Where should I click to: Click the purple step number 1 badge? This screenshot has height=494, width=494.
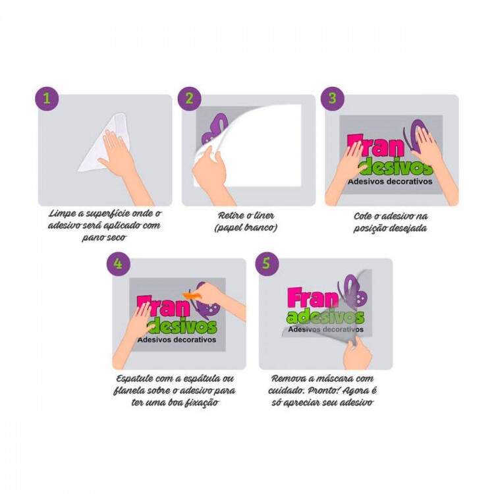coord(47,99)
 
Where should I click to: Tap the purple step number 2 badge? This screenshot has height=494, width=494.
coord(189,99)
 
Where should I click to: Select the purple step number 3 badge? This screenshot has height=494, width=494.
coord(333,99)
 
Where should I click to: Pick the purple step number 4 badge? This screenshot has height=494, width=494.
coord(118,263)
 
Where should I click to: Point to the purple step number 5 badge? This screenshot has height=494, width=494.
coord(267,263)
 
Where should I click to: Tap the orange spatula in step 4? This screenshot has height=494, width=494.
coord(193,295)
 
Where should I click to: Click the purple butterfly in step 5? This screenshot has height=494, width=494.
coord(353,293)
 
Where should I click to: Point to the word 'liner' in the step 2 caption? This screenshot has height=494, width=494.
coord(263,215)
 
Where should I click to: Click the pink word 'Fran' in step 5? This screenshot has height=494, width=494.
coord(312,298)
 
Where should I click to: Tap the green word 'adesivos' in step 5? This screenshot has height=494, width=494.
coord(325,317)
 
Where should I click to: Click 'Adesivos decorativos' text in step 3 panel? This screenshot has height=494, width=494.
coord(390,182)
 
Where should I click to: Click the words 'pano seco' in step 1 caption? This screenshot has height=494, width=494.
coord(104,237)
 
